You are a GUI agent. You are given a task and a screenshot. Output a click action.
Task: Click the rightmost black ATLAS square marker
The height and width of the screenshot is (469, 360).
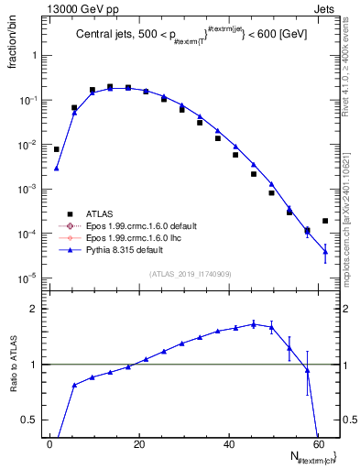(x=325, y=221)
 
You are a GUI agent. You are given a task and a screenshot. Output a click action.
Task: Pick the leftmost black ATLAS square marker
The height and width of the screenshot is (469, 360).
(x=56, y=149)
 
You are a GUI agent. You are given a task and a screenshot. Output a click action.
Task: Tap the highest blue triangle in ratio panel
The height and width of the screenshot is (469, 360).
(x=254, y=323)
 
